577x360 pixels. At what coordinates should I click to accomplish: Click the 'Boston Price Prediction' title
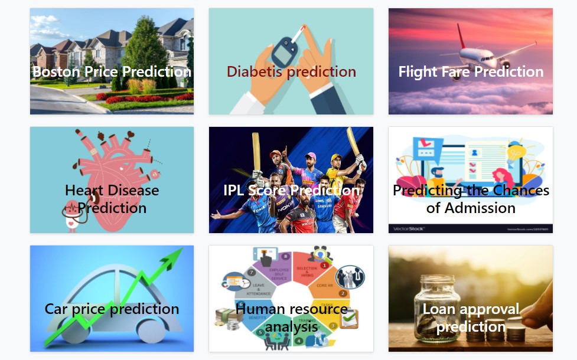pos(112,72)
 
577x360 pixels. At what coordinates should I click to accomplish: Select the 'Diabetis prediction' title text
pos(291,72)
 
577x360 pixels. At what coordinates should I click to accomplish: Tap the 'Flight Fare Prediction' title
pos(471,72)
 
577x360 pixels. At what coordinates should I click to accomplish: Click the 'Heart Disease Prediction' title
pos(112,199)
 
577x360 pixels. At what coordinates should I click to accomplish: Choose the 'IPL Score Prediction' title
pos(291,191)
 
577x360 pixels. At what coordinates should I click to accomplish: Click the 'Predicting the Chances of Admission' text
pos(471,199)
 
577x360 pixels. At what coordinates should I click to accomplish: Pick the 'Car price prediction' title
pos(112,309)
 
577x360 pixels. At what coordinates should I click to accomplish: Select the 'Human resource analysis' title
pos(291,318)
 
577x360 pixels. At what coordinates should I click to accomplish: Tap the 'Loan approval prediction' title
pos(471,318)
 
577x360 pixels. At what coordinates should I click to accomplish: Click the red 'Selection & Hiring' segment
pos(307,269)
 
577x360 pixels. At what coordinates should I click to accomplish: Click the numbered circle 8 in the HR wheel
pos(286,256)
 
